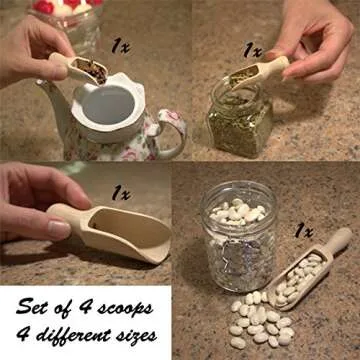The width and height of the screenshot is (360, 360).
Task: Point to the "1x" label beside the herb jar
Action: tap(251, 49)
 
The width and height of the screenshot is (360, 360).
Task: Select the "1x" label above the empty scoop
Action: tap(120, 190)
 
